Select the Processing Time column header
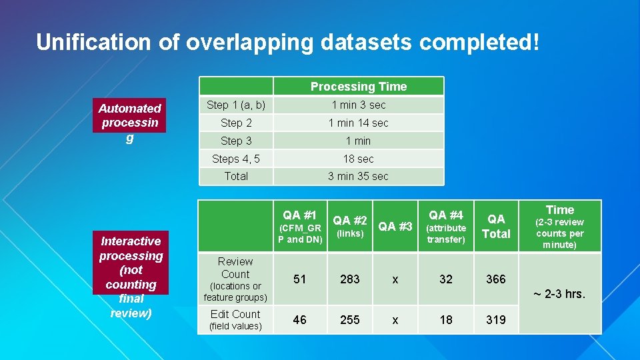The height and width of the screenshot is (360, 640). coord(358,87)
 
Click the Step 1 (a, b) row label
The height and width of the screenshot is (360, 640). coord(236,105)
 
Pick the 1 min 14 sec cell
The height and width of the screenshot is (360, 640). coord(358,123)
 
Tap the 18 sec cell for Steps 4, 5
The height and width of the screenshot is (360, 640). coord(358,159)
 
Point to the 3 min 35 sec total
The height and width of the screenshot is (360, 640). coord(358,176)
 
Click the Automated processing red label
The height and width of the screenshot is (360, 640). coord(129,123)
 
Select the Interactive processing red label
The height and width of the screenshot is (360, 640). coord(131,277)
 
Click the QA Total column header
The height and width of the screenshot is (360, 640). coord(496,227)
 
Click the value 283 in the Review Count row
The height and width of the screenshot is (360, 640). coord(350,279)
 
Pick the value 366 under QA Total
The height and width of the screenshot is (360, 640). coord(496,279)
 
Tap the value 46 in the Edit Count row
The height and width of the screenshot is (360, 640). coord(300,320)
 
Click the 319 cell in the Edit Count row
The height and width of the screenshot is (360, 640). coord(496,320)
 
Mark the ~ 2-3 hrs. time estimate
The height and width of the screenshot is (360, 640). coord(560,293)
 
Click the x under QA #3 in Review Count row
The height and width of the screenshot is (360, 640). coord(395,279)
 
